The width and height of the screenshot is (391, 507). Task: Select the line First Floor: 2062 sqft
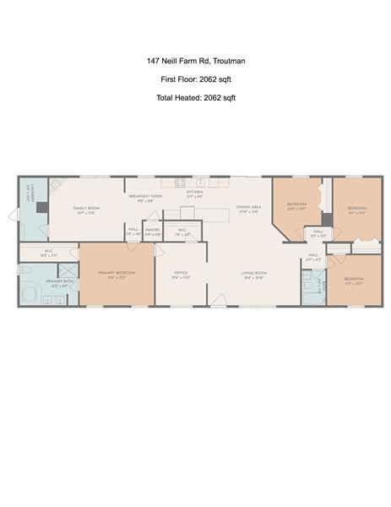tap(195, 79)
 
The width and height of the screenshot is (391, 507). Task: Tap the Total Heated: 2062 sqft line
tap(195, 98)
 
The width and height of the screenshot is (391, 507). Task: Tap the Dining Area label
tap(248, 208)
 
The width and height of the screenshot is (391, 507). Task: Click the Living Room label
tap(253, 274)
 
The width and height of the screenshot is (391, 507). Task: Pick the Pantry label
tap(153, 230)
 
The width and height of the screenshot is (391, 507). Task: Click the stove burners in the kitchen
tap(180, 183)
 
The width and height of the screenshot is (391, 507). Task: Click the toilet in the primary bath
tap(25, 270)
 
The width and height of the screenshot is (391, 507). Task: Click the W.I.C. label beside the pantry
tap(182, 230)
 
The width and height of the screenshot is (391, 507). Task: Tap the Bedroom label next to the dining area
tap(296, 205)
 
